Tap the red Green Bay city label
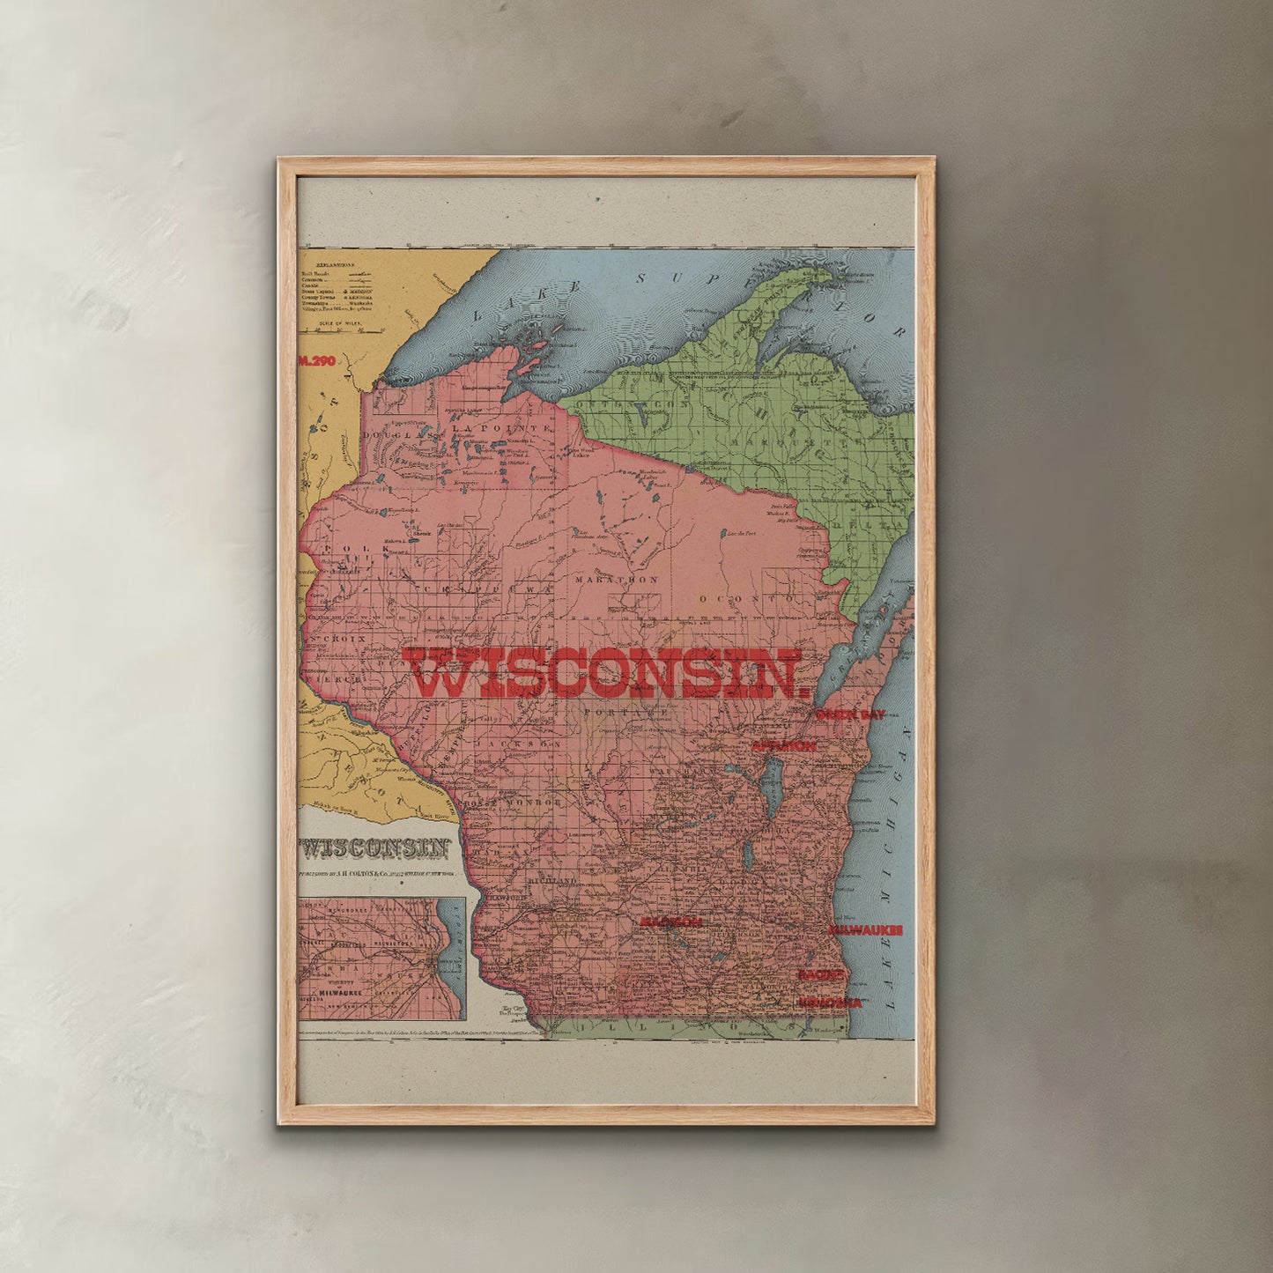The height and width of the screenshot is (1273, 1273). click(850, 715)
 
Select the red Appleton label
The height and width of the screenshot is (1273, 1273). click(783, 746)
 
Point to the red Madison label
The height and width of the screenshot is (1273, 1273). click(671, 921)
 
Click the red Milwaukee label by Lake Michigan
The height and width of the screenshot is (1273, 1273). click(865, 930)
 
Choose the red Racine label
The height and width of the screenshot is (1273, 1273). click(821, 975)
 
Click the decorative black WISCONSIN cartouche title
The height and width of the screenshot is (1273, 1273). click(376, 848)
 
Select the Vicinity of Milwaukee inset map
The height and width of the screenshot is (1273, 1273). click(381, 958)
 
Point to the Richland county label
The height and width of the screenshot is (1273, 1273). click(551, 881)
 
